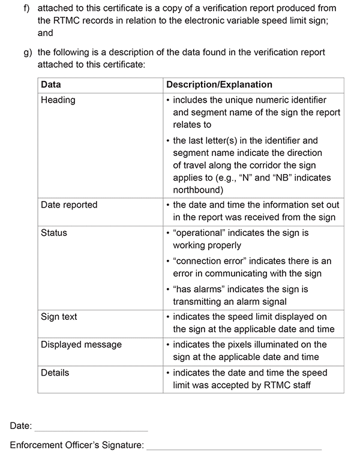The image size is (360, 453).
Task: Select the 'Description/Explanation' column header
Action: pyautogui.click(x=219, y=85)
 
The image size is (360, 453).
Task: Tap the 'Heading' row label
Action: pyautogui.click(x=58, y=100)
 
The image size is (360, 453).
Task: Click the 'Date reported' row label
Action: pyautogui.click(x=69, y=205)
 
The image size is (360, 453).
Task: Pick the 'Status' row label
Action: pyautogui.click(x=54, y=232)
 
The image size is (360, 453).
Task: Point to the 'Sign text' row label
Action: pyautogui.click(x=59, y=316)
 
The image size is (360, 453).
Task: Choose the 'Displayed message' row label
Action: pyautogui.click(x=81, y=344)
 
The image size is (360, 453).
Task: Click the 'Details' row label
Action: pyautogui.click(x=55, y=373)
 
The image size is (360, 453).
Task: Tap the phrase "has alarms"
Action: pyautogui.click(x=198, y=290)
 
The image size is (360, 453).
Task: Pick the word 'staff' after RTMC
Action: pyautogui.click(x=299, y=384)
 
